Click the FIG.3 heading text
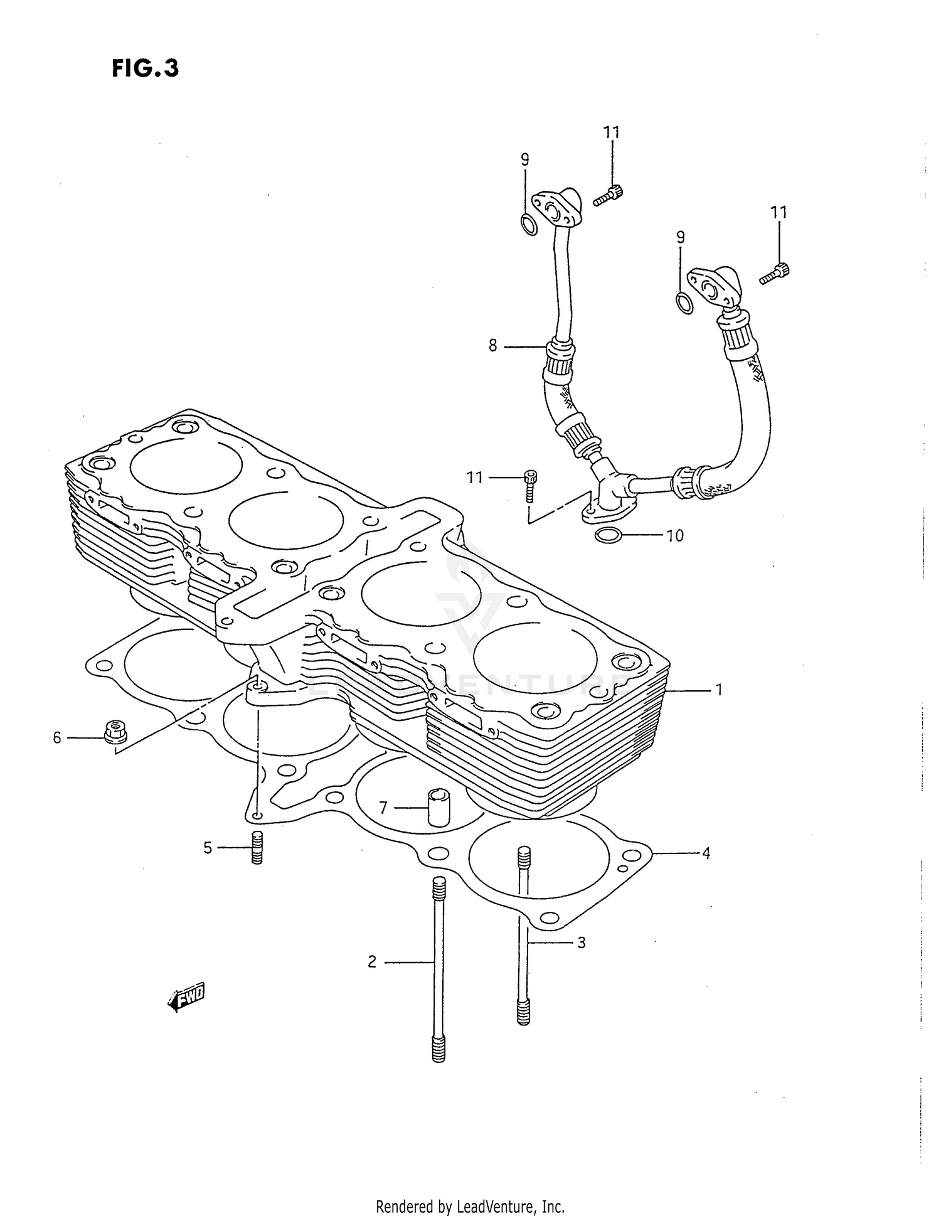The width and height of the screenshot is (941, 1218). point(146,68)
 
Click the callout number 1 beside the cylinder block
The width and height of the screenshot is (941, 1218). point(719,690)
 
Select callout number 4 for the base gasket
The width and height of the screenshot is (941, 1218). point(706,853)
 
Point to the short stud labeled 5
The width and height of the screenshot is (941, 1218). point(256,848)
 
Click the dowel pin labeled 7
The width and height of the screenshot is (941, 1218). point(436,808)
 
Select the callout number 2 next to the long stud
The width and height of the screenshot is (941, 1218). point(372,961)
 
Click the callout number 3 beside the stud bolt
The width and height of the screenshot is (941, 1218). point(581,943)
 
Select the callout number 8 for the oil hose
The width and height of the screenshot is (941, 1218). point(492,345)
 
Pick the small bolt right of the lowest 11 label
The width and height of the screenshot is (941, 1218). point(530,484)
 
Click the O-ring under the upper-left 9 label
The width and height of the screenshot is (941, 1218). point(529,224)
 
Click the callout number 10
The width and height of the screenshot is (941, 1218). point(674,536)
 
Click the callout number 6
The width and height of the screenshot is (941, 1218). point(57,738)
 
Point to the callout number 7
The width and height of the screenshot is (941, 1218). point(383,808)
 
